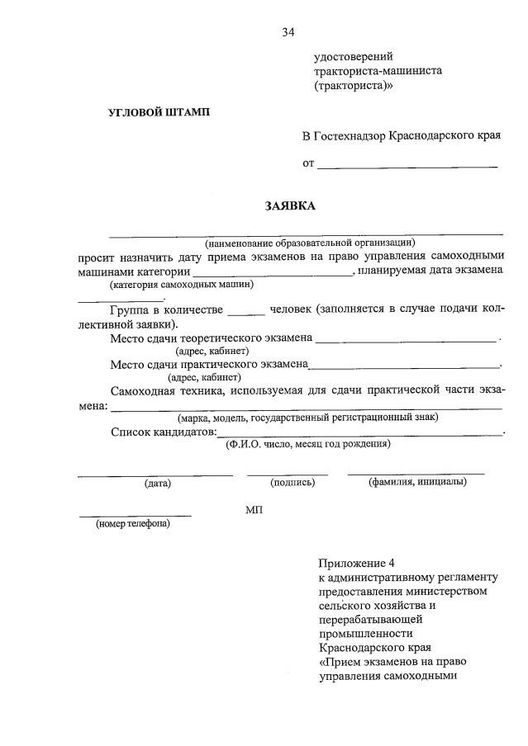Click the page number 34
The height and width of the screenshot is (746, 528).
click(x=288, y=32)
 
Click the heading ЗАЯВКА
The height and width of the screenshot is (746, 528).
click(x=290, y=205)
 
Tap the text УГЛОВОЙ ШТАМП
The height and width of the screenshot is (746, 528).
click(x=159, y=112)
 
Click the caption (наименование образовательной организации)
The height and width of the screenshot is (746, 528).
click(x=310, y=243)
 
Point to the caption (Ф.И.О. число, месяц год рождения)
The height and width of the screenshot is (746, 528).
click(x=308, y=444)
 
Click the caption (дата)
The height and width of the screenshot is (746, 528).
click(x=156, y=483)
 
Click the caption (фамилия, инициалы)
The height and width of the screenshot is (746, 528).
click(x=417, y=482)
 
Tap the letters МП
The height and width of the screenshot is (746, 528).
click(x=254, y=511)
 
